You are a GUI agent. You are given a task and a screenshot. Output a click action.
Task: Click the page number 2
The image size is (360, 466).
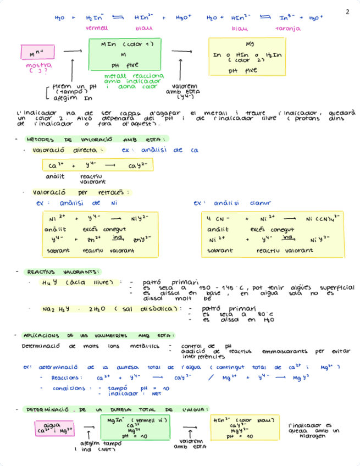coord(347,11)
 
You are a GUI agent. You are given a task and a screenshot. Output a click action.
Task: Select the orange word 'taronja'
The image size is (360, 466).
coord(288,27)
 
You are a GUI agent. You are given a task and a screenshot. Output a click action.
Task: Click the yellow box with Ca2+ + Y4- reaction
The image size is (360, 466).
coord(97,165)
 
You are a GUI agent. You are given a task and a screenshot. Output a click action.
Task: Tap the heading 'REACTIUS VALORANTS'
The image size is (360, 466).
coord(63,272)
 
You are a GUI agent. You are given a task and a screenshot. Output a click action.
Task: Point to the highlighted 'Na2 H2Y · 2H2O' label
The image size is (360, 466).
coord(110,309)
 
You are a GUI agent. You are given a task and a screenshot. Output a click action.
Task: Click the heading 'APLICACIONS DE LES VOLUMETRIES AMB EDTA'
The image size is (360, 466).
coord(98,335)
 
